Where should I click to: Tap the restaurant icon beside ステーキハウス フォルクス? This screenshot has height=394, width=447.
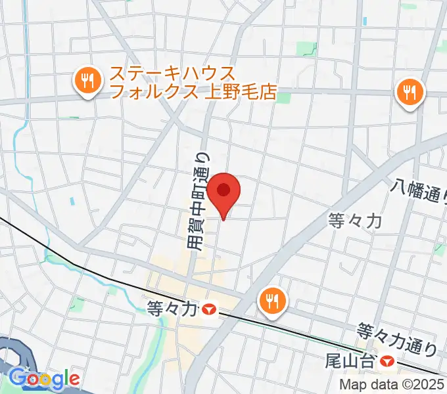click(x=86, y=82)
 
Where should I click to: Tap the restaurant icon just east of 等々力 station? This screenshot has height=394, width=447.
click(x=271, y=301)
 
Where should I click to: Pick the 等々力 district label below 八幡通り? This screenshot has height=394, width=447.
click(x=355, y=222)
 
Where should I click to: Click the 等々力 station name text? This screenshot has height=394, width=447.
click(x=172, y=307)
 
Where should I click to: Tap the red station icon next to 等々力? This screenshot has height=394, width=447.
click(x=210, y=307)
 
